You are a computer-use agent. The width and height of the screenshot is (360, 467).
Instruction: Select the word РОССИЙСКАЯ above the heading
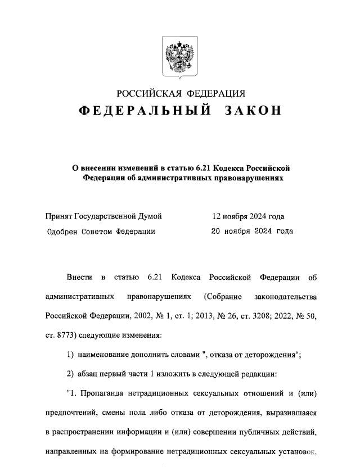tap(148, 93)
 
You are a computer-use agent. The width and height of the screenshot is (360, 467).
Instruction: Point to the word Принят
tap(60, 216)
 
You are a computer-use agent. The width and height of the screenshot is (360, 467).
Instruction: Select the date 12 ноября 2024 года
tap(248, 216)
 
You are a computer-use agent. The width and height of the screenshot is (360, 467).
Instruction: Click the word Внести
tap(79, 278)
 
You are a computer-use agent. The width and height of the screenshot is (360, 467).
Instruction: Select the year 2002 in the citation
tap(140, 316)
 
